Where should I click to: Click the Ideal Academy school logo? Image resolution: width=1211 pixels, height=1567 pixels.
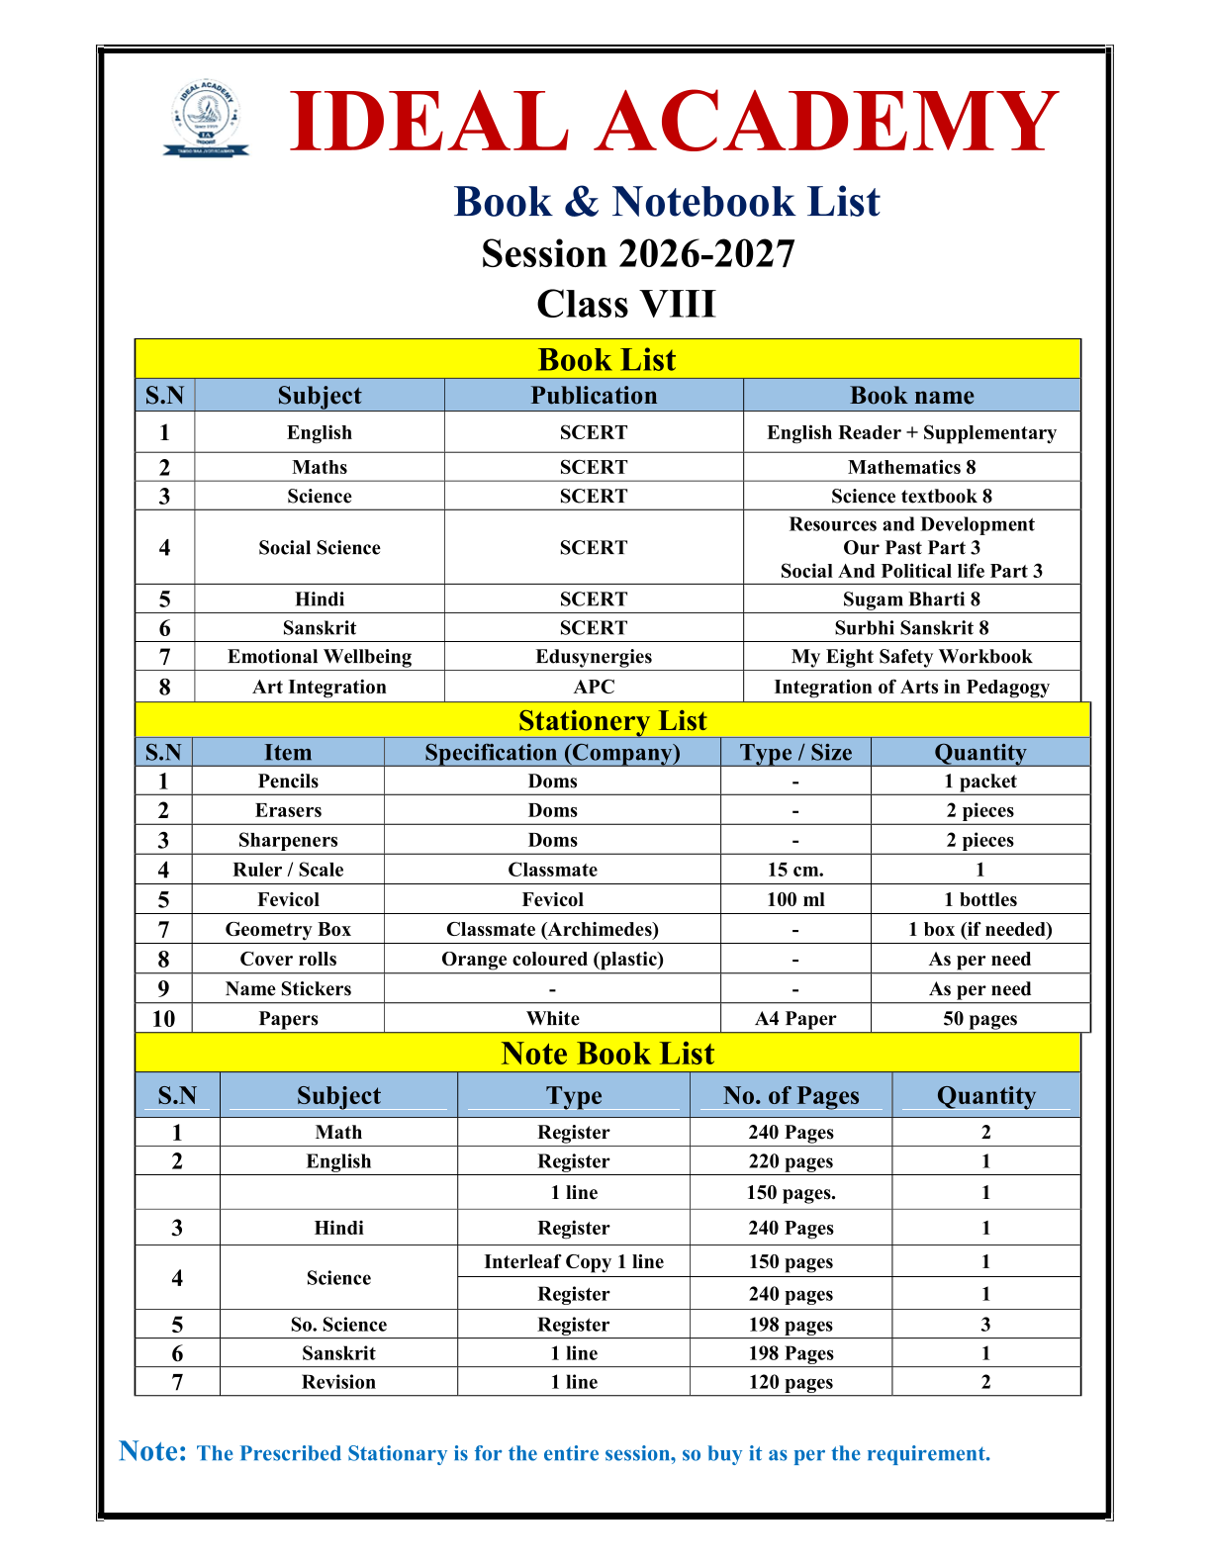click(206, 120)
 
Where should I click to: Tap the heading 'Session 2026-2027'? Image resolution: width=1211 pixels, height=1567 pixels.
click(638, 254)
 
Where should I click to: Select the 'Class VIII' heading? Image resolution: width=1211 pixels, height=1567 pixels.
click(625, 304)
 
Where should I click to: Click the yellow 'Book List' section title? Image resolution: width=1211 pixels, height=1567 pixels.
click(606, 359)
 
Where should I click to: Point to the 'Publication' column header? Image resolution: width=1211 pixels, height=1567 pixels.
click(594, 396)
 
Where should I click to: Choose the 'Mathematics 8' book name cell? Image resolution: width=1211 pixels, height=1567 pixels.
click(911, 467)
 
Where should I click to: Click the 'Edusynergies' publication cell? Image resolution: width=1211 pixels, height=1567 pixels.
click(594, 657)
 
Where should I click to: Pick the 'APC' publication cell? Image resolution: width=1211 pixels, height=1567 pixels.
click(594, 687)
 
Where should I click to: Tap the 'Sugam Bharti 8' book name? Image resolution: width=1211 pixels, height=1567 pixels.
click(911, 599)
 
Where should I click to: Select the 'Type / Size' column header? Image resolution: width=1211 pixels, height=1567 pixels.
click(795, 753)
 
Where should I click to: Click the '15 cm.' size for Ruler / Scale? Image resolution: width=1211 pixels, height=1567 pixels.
click(795, 870)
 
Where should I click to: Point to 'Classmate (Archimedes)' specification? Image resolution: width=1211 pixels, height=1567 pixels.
click(552, 929)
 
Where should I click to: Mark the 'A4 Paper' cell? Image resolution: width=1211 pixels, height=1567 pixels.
click(795, 1019)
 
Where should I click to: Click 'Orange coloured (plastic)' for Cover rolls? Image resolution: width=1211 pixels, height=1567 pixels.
click(552, 959)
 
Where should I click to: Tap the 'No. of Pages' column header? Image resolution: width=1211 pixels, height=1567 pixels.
click(791, 1095)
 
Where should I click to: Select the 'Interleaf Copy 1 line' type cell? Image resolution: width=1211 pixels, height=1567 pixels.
click(574, 1261)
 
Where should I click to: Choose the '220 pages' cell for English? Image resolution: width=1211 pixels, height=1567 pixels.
click(791, 1161)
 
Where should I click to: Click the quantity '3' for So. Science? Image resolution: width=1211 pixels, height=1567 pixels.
click(985, 1325)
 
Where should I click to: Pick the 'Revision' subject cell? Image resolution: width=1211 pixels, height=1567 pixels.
click(338, 1382)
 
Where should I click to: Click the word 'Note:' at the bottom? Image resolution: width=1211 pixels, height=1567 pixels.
click(152, 1451)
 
